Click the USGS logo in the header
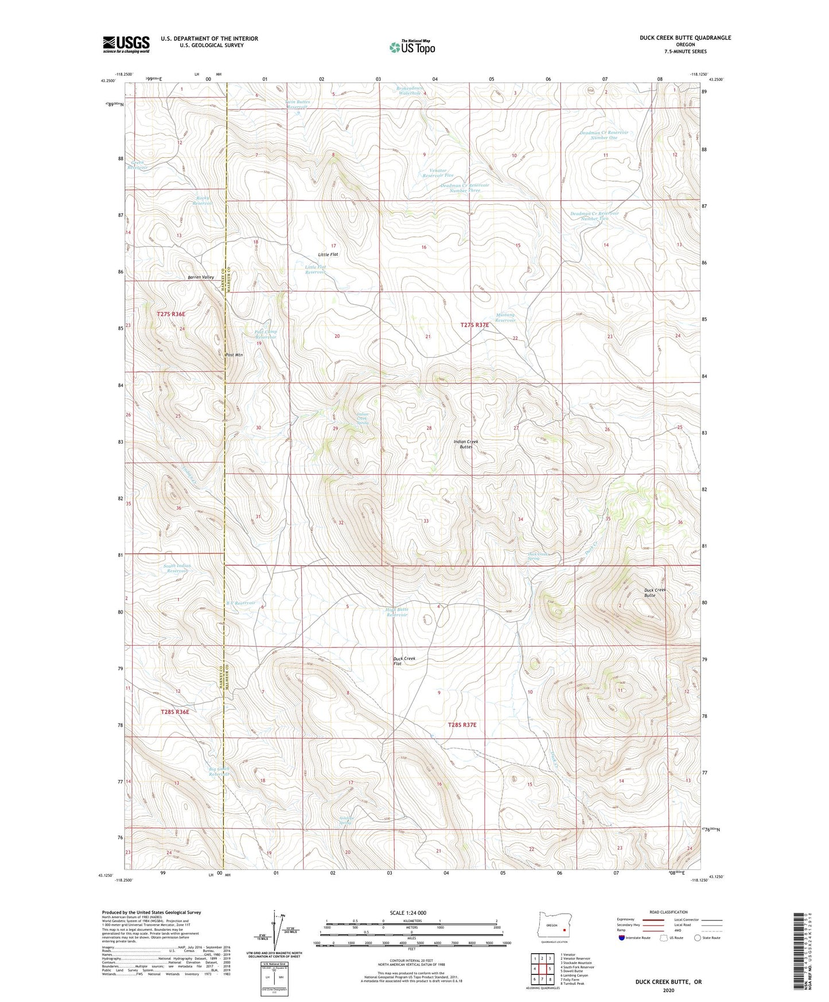126,44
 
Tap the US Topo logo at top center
412,47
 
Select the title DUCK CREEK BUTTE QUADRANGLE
685,38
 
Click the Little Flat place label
328,254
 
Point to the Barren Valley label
201,277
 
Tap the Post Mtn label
234,355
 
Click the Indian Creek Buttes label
465,444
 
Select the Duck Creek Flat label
404,661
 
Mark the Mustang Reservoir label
505,317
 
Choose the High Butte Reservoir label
397,612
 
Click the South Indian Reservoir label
177,568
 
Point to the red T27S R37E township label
474,325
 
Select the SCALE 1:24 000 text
408,912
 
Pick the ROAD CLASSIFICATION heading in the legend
668,912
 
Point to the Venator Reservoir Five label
438,173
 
